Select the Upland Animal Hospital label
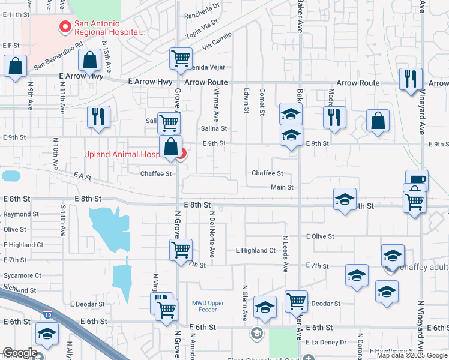coord(121,154)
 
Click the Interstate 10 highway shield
coord(48,314)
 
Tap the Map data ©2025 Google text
coord(412,355)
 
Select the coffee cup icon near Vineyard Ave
coord(417,179)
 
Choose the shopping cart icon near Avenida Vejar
coord(181,59)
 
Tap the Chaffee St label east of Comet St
coord(267,173)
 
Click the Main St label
coord(282,187)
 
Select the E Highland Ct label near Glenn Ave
coord(255,250)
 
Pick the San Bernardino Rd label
coord(58,55)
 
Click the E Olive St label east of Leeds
coord(318,236)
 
